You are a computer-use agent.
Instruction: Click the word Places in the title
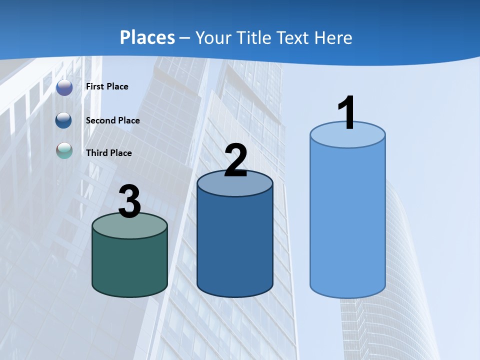pyautogui.click(x=147, y=37)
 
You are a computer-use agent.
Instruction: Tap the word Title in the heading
pyautogui.click(x=253, y=37)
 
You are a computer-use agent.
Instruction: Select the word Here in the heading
pyautogui.click(x=332, y=37)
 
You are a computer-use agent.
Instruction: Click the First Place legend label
pyautogui.click(x=107, y=86)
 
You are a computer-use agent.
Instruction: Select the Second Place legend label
pyautogui.click(x=112, y=120)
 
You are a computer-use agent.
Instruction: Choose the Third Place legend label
pyautogui.click(x=108, y=153)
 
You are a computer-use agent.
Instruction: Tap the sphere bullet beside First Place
pyautogui.click(x=64, y=87)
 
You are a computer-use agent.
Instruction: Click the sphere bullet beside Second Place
pyautogui.click(x=64, y=120)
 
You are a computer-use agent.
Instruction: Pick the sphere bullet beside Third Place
pyautogui.click(x=64, y=150)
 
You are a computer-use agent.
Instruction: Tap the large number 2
pyautogui.click(x=235, y=161)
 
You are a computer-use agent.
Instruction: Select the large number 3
pyautogui.click(x=129, y=201)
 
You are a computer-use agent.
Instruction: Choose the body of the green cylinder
pyautogui.click(x=129, y=265)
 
